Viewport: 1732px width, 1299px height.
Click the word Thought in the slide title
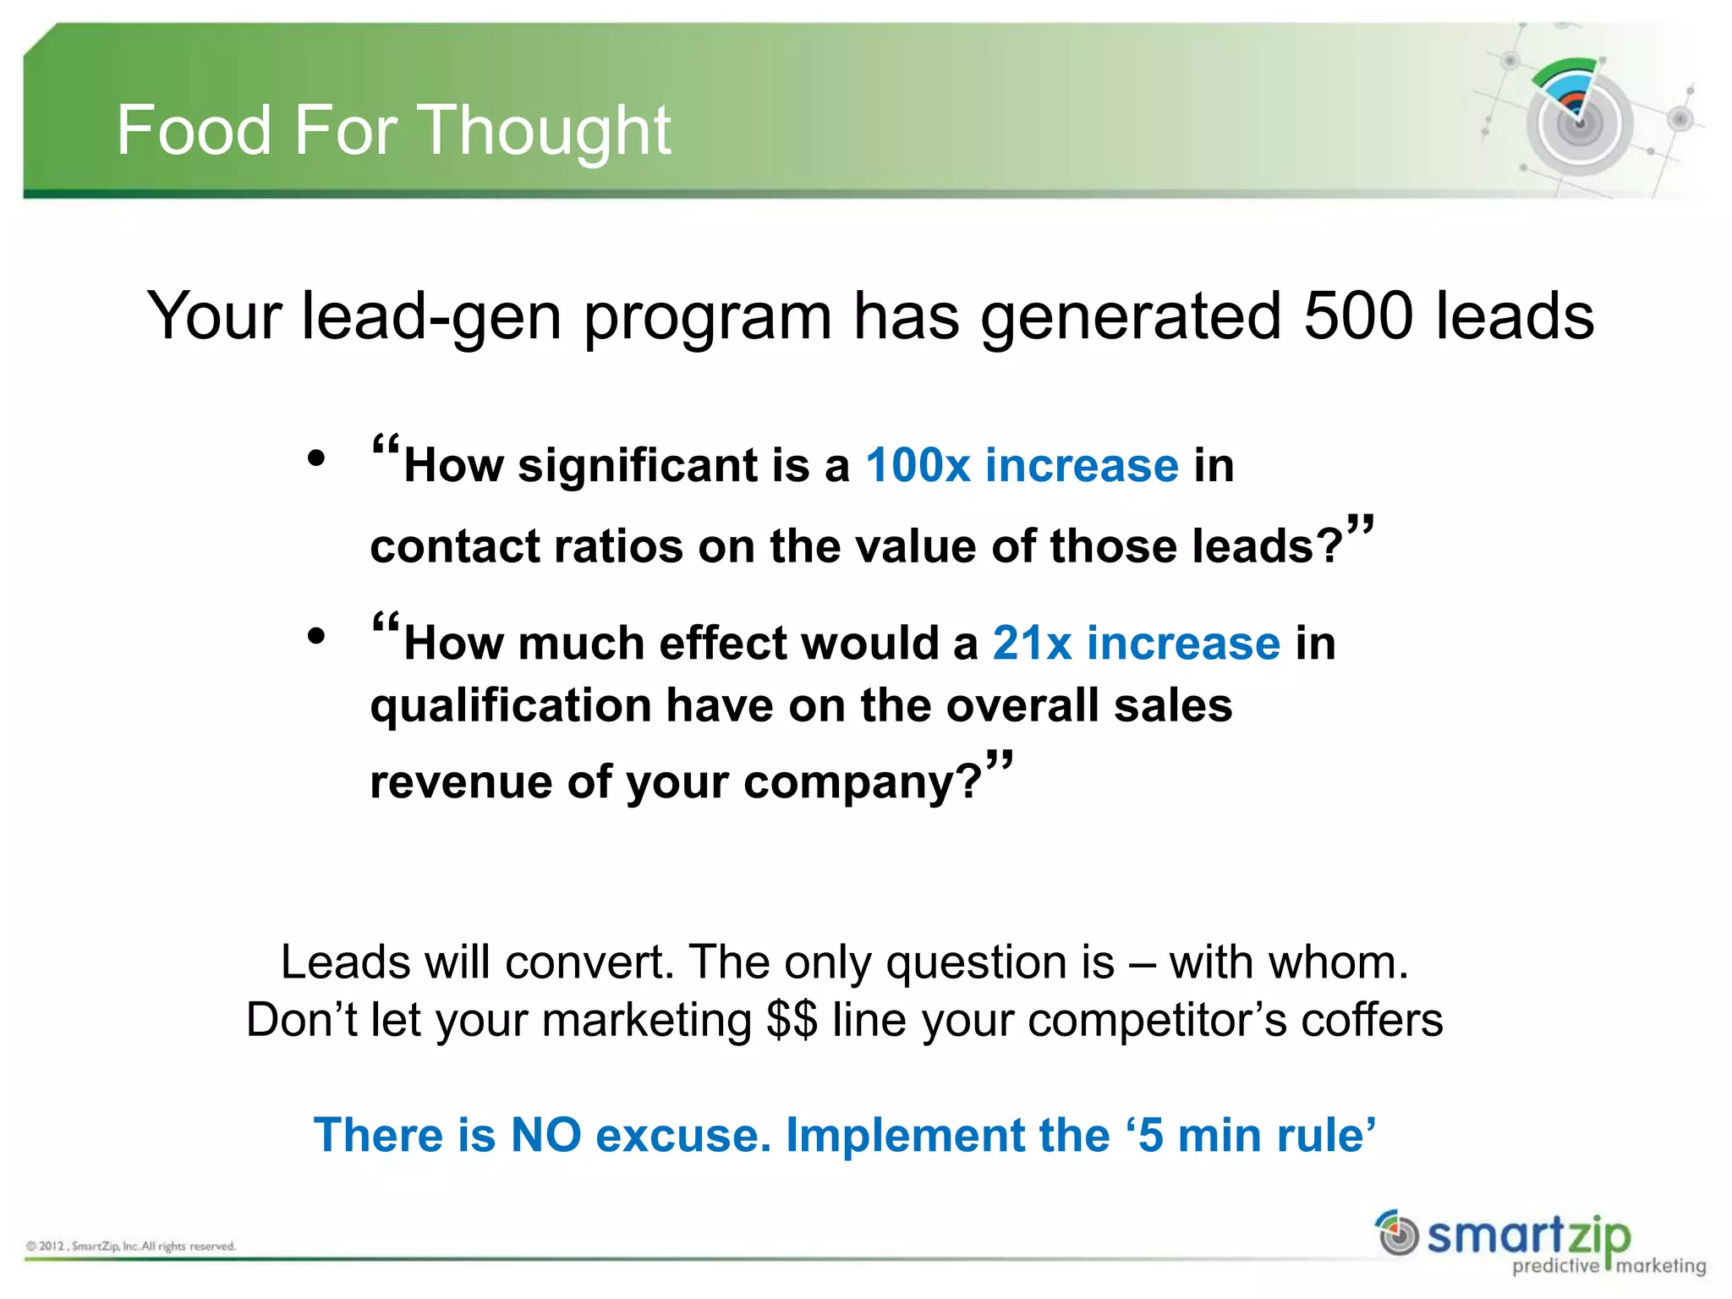(545, 130)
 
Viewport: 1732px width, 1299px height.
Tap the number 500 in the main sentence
(1358, 315)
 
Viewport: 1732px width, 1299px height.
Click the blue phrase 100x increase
(1022, 465)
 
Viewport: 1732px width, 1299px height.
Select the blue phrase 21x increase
(1136, 643)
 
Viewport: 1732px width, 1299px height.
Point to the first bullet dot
(316, 459)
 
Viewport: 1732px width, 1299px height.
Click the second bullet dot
(316, 636)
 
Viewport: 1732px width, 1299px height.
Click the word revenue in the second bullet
(461, 781)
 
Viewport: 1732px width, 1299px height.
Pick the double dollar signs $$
(792, 1019)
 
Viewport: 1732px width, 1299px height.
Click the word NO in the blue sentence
(545, 1135)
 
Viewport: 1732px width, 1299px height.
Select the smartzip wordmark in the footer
(1528, 1236)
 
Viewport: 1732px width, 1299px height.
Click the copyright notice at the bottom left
(131, 1246)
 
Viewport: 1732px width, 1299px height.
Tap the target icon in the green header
(1578, 118)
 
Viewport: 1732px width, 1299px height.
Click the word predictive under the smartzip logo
(1555, 1266)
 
